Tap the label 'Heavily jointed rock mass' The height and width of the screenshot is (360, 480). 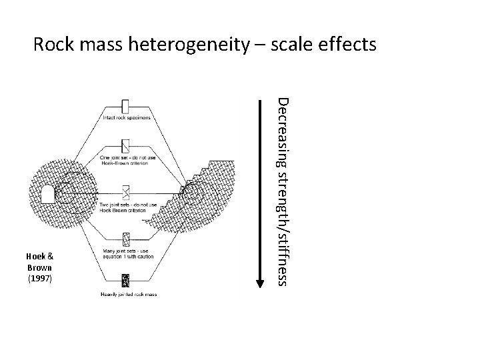coord(126,293)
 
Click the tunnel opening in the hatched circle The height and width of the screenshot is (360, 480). coord(47,195)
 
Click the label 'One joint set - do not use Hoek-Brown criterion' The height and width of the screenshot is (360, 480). coord(126,159)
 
